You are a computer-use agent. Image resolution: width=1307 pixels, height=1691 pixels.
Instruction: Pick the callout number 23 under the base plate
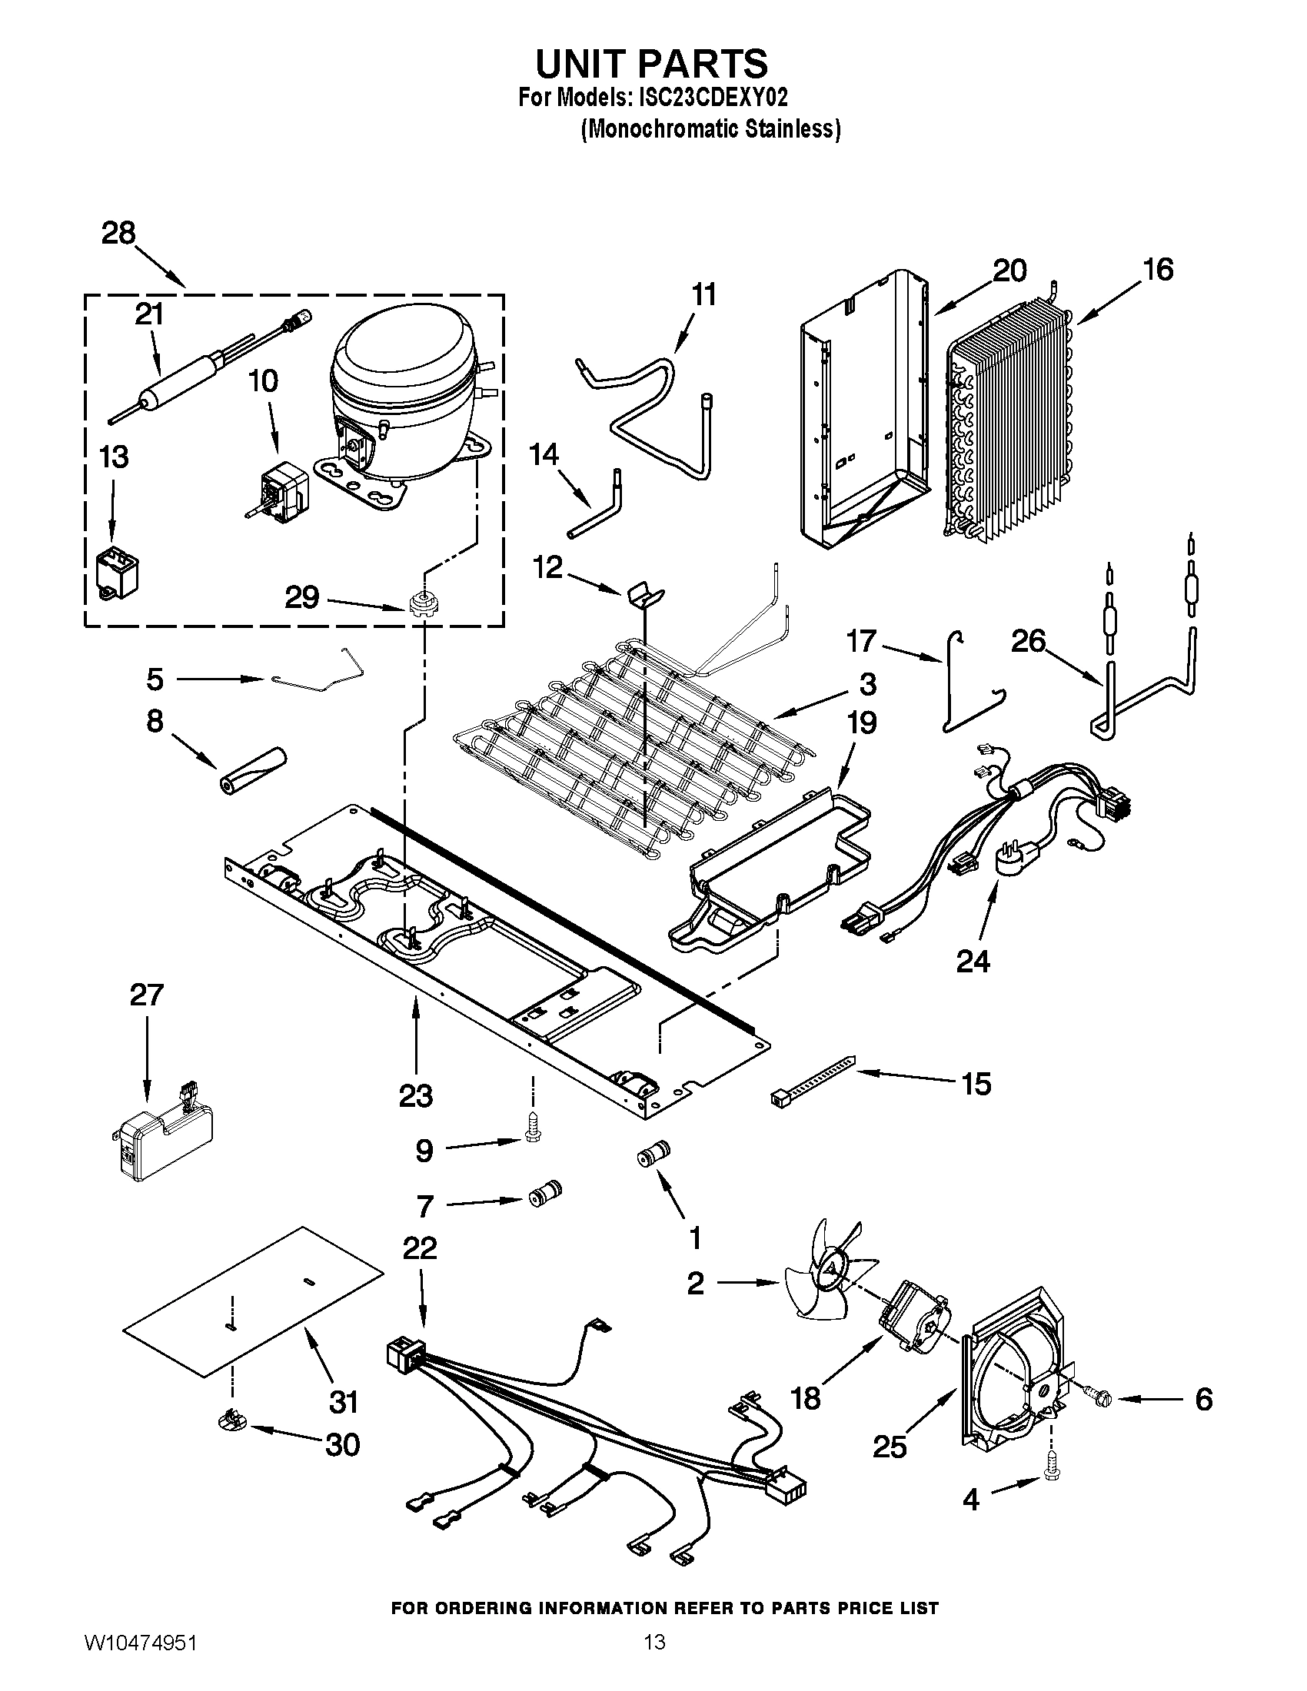click(416, 1095)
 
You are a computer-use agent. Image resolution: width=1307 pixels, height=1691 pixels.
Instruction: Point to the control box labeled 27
click(161, 1141)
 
